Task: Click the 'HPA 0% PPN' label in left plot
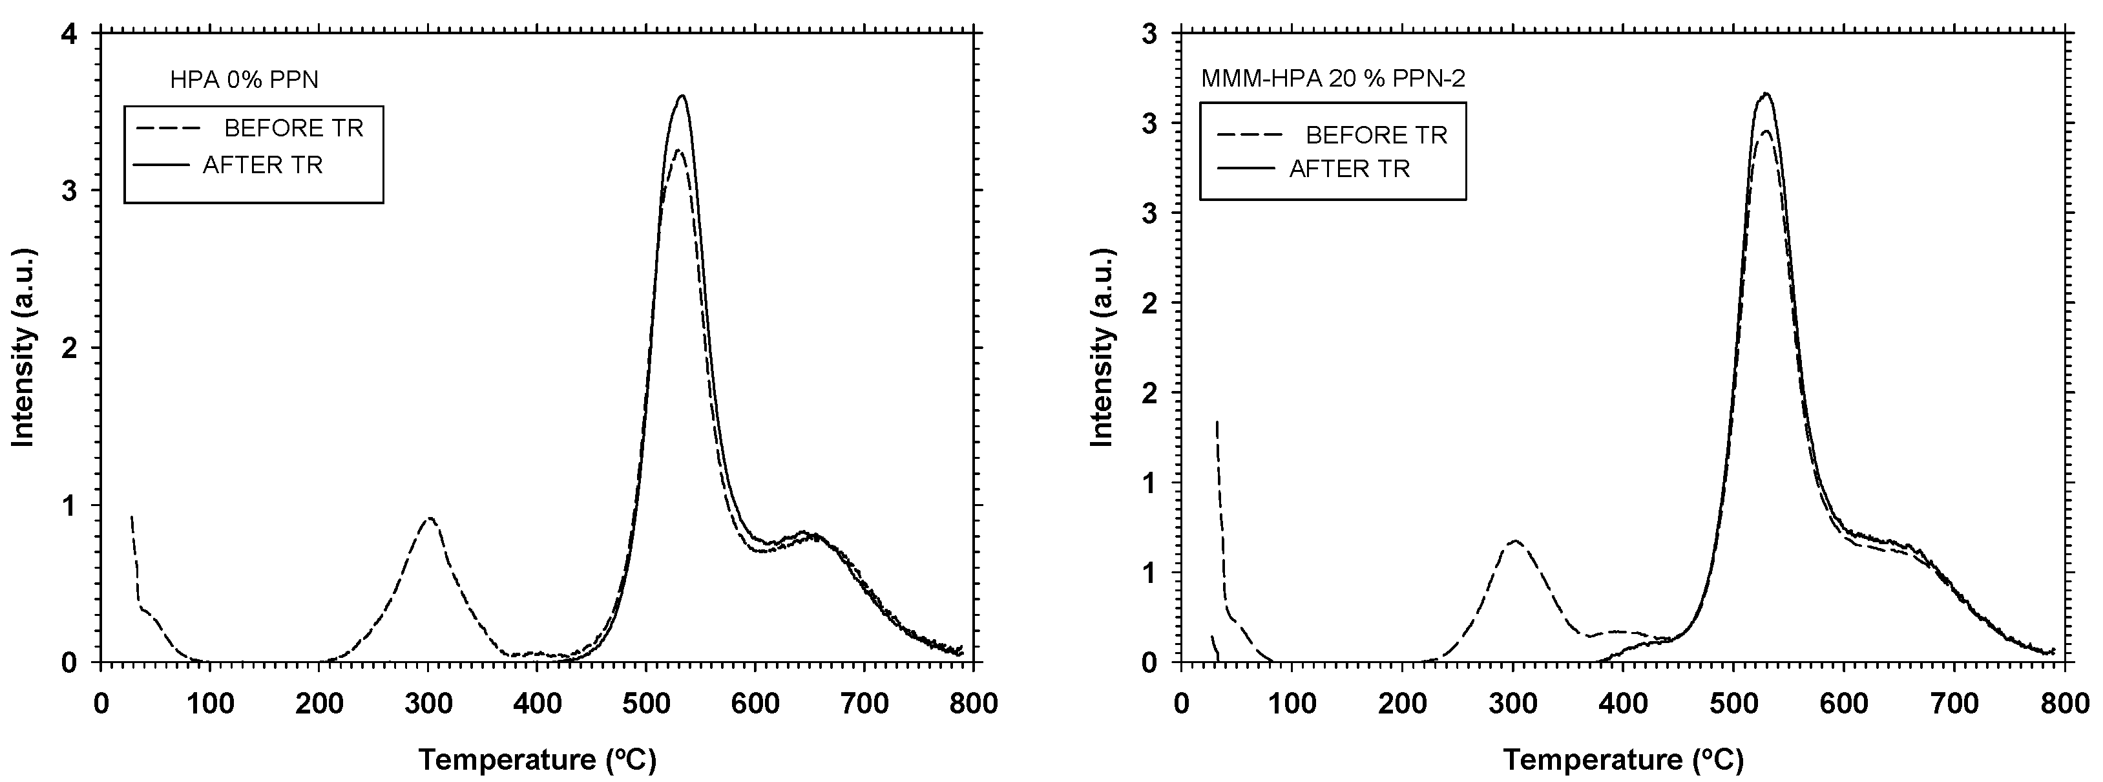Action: (x=244, y=79)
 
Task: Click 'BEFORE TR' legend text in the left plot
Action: (x=293, y=128)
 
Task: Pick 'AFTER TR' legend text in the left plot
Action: (x=262, y=165)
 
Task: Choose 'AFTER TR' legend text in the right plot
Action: (x=1350, y=169)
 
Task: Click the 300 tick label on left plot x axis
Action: (x=428, y=704)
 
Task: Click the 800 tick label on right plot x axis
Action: (x=2064, y=704)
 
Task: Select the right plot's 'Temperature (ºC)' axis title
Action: (x=1623, y=760)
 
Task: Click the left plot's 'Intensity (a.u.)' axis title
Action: (x=24, y=347)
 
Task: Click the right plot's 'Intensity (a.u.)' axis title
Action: (x=1103, y=347)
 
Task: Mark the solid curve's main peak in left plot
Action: (x=681, y=96)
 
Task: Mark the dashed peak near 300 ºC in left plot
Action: (x=430, y=518)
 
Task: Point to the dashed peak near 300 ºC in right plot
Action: (x=1514, y=540)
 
